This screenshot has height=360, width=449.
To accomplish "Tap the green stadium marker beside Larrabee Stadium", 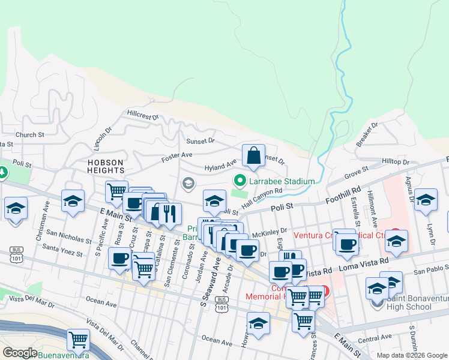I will pyautogui.click(x=240, y=181).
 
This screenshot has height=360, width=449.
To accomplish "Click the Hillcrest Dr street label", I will pyautogui.click(x=142, y=113).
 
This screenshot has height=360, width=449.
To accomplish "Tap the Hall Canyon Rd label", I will pyautogui.click(x=262, y=198).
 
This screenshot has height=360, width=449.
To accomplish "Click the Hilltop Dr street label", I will pyautogui.click(x=396, y=162).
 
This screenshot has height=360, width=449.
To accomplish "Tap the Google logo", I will pyautogui.click(x=20, y=353).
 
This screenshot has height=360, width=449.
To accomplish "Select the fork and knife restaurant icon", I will pyautogui.click(x=170, y=212).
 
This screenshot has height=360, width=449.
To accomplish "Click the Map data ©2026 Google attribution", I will pyautogui.click(x=411, y=355).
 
